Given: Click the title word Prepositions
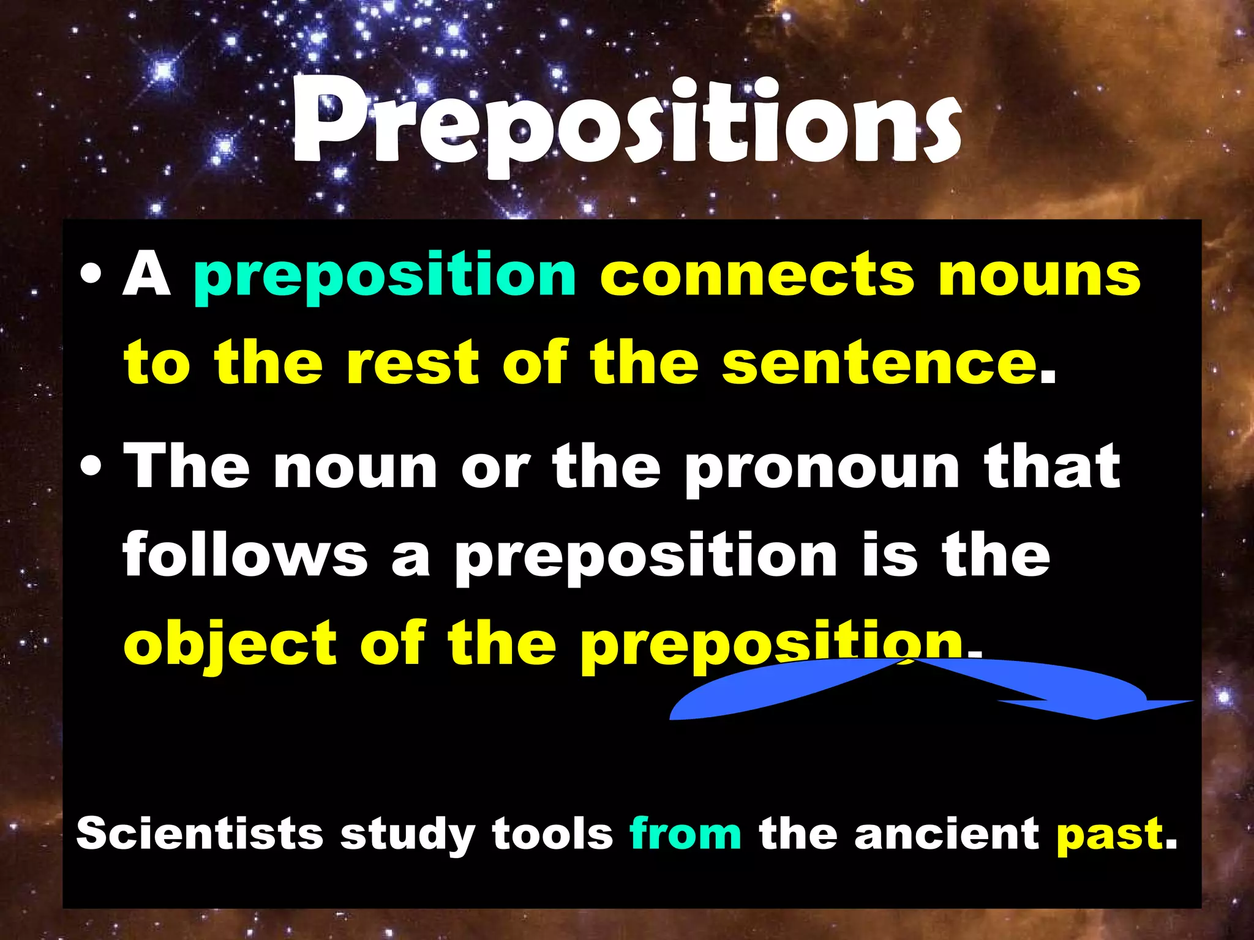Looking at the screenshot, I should coord(626,125).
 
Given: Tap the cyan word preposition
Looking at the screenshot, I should coord(385,277).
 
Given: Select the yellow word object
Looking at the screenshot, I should coord(230,644).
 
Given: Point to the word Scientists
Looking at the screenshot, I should coord(200,834).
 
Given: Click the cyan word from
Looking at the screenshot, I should coord(685,834).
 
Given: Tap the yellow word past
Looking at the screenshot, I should coord(1109,835).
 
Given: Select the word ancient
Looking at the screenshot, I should coord(947,834).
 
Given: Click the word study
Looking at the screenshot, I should coord(407,835).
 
